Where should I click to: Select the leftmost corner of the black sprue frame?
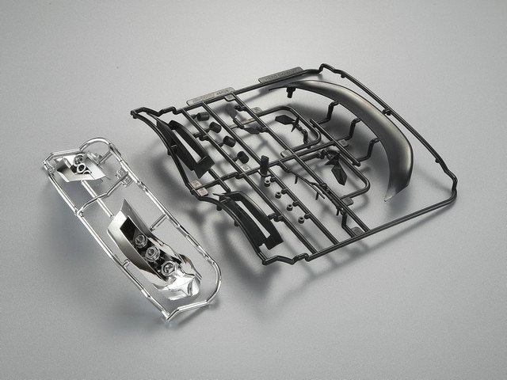(x=132, y=111)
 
